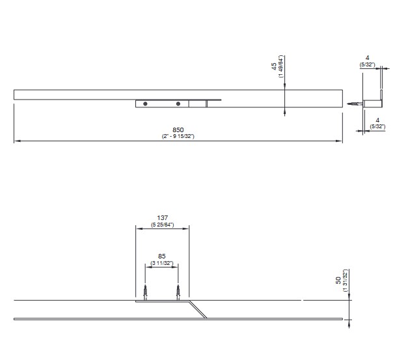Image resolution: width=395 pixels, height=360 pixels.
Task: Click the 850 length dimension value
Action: click(178, 130)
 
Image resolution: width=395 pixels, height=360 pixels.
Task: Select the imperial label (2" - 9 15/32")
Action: click(178, 136)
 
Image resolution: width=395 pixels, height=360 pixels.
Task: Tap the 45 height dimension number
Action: click(274, 66)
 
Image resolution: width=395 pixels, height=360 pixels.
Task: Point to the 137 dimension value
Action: click(162, 217)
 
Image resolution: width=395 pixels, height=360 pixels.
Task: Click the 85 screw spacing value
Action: click(162, 256)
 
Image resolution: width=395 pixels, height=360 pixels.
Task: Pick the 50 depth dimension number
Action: click(338, 281)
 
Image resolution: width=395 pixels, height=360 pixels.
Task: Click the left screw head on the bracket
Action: click(145, 104)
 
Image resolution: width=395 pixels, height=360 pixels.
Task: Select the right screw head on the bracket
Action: click(178, 104)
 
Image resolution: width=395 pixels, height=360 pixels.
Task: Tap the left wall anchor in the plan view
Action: click(145, 292)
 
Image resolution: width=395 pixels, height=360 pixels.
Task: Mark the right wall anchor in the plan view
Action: click(178, 292)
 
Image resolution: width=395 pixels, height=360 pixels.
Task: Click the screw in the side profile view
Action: click(355, 104)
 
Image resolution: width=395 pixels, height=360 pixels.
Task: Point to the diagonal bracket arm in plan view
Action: click(198, 309)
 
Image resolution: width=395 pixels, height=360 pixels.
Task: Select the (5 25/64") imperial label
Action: click(163, 225)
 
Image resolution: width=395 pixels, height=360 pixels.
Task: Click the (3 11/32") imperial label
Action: click(162, 263)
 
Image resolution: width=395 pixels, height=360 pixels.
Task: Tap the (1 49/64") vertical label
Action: click(281, 66)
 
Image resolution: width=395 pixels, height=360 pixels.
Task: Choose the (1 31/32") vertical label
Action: click(345, 281)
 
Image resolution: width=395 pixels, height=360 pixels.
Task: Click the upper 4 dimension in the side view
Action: click(367, 58)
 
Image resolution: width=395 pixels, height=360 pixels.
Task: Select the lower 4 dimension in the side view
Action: click(377, 120)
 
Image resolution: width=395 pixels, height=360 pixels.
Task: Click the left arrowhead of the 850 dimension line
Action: click(17, 141)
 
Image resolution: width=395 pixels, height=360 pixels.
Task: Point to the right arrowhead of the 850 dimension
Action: click(339, 141)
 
